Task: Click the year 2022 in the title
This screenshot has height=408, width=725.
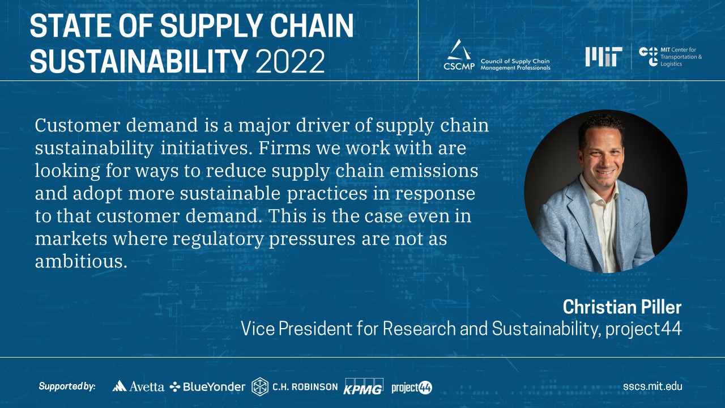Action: (291, 61)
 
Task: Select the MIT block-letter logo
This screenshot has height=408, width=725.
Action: (604, 57)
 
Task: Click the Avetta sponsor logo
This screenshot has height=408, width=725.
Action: (138, 386)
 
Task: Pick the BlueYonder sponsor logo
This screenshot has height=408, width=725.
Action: (207, 386)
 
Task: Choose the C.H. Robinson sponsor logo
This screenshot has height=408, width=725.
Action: (295, 386)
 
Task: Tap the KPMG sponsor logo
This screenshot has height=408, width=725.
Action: (363, 386)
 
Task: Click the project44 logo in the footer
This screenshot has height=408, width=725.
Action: (412, 387)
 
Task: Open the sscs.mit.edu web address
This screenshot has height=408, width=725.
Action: (652, 386)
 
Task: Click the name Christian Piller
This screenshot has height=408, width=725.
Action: (622, 307)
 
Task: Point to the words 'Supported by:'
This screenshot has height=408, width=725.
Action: (67, 386)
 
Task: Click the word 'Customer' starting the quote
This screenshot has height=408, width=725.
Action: (78, 125)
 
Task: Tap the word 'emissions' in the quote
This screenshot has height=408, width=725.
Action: (434, 171)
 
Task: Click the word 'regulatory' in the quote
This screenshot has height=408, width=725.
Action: (218, 240)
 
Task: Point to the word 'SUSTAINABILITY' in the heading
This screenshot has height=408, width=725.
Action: (139, 61)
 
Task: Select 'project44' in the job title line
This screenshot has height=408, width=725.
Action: (643, 329)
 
